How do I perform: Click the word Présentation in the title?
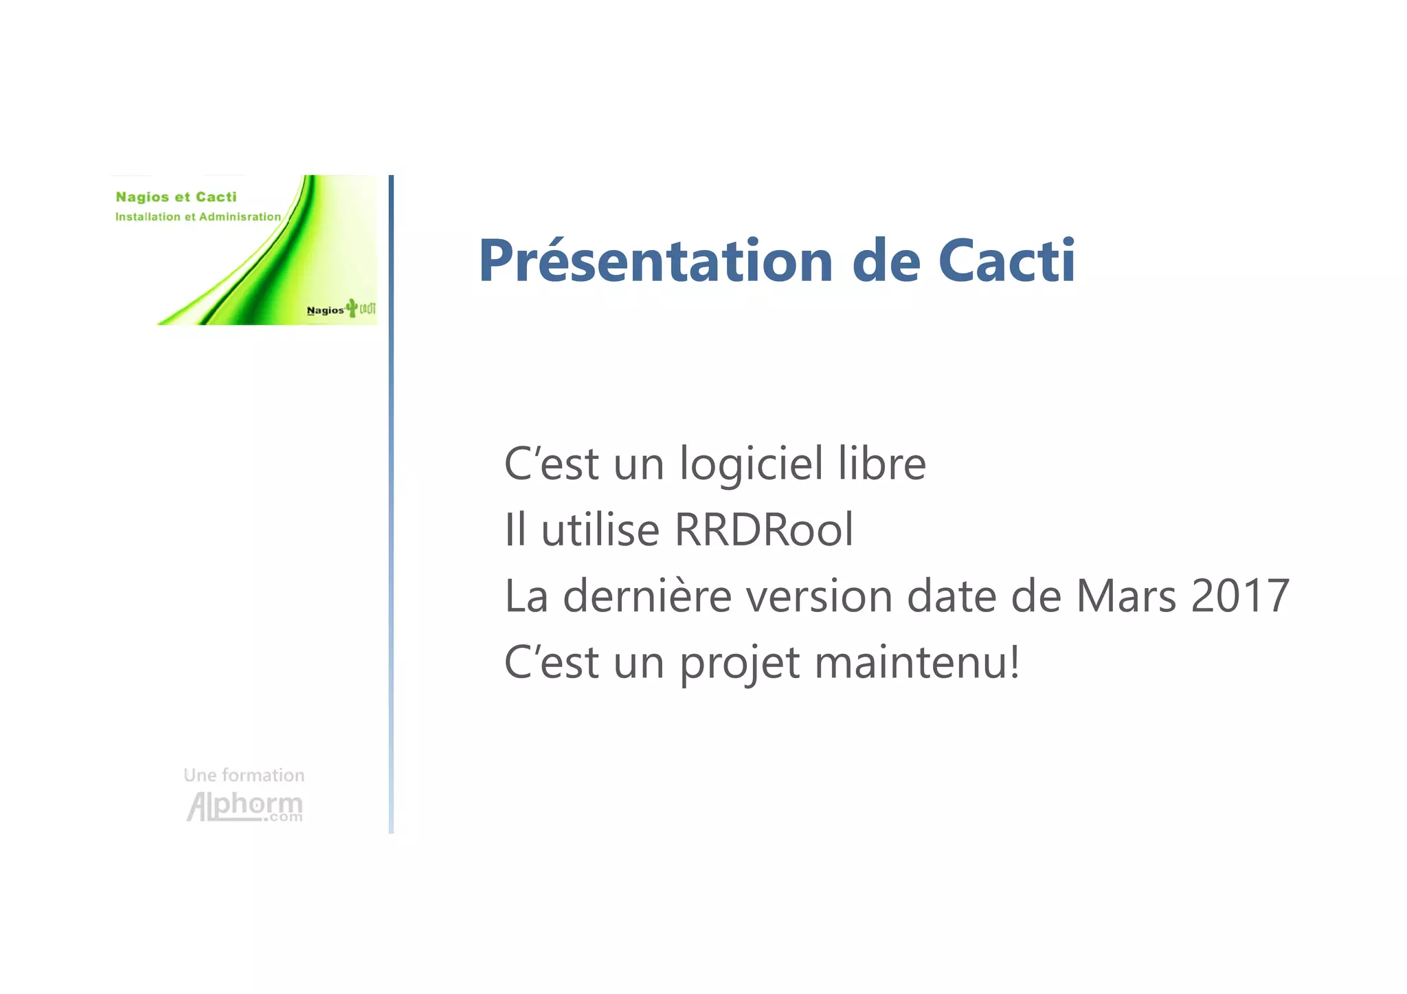tap(656, 261)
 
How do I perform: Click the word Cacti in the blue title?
tap(1006, 261)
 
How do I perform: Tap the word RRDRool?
tap(764, 530)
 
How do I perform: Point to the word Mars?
tap(1125, 596)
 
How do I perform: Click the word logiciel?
tap(751, 464)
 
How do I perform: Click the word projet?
tap(740, 664)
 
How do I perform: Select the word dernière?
tap(647, 596)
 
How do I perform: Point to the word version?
tap(819, 596)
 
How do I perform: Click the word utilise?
tap(600, 530)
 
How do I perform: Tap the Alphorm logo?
tap(245, 806)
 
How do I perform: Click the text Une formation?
tap(244, 776)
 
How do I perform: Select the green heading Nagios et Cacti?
tap(176, 197)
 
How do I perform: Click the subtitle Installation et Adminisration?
tap(198, 217)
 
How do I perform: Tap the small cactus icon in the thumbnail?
tap(352, 307)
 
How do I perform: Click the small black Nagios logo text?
tap(325, 310)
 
